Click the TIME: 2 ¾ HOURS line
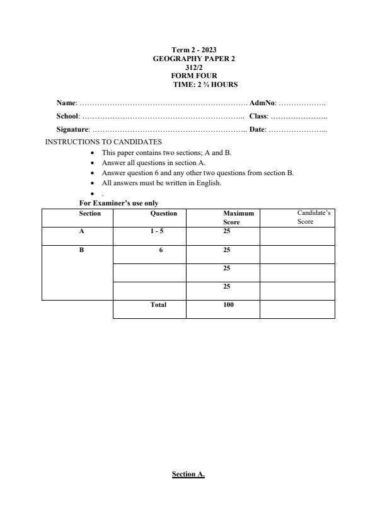click(x=205, y=84)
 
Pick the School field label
click(x=67, y=116)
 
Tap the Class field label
click(x=258, y=116)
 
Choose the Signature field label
click(x=73, y=129)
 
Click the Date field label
click(x=257, y=129)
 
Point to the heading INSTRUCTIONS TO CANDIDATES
click(x=103, y=142)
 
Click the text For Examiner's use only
click(x=118, y=203)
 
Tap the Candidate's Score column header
click(x=314, y=217)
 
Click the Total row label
click(x=158, y=305)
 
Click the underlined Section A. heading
click(x=188, y=474)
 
